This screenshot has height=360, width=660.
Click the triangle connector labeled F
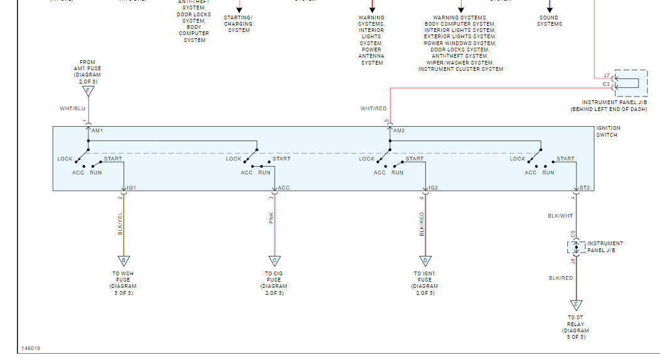tap(88, 92)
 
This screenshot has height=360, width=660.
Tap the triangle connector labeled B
tap(124, 261)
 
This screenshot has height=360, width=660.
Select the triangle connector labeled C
tap(274, 261)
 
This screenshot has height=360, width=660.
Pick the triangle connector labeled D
tap(425, 261)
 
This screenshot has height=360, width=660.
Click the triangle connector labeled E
tap(576, 305)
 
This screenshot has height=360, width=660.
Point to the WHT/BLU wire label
tap(72, 109)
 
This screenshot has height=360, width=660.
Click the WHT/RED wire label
tap(373, 109)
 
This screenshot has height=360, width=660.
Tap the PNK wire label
tap(271, 218)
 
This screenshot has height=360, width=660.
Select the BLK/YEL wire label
tap(120, 224)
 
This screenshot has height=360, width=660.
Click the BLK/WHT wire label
tap(560, 216)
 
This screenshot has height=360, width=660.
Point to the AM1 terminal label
tap(97, 130)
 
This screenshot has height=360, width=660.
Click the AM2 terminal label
tap(398, 130)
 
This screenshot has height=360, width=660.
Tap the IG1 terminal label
tap(132, 188)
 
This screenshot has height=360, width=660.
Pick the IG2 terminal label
tap(433, 188)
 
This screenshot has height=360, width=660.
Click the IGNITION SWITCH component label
tap(608, 131)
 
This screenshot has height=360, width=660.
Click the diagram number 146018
tap(31, 348)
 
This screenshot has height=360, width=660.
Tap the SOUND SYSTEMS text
tap(550, 21)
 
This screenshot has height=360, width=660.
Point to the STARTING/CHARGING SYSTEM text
tap(238, 24)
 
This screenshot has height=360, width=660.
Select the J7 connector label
tap(606, 75)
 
